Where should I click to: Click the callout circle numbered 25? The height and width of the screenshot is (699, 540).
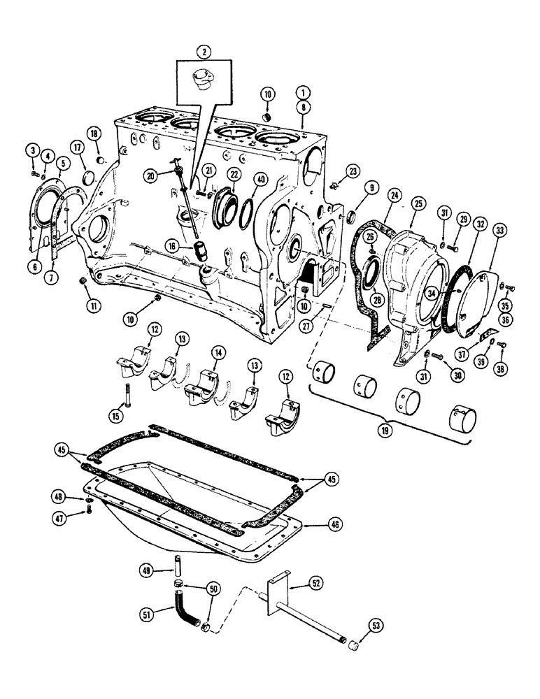click(419, 203)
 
